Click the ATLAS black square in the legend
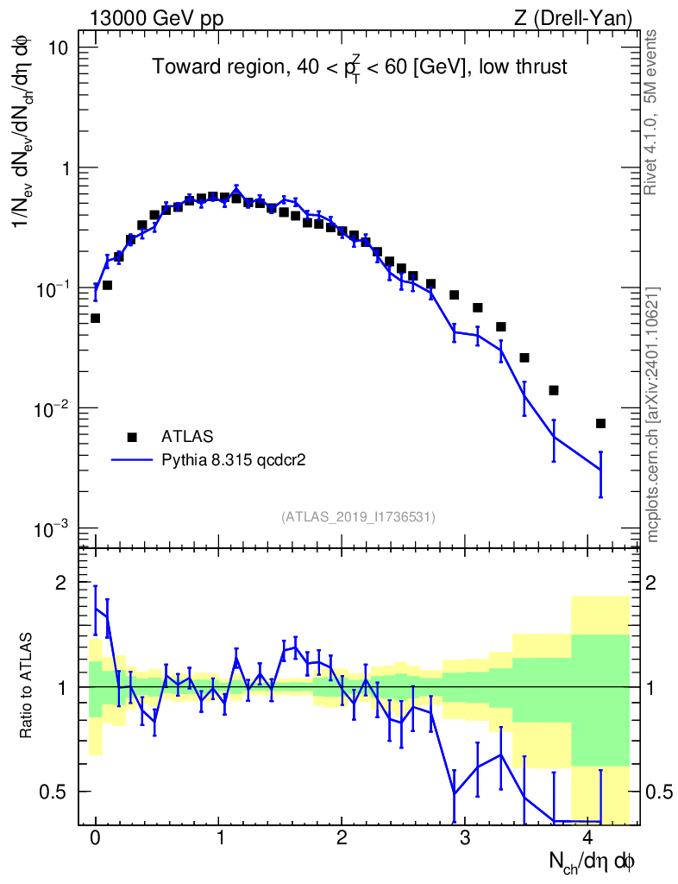[x=132, y=437]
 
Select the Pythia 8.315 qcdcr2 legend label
[x=233, y=460]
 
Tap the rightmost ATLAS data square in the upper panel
[x=600, y=423]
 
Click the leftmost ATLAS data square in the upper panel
[x=95, y=319]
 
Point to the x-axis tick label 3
[x=465, y=837]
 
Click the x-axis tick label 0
[x=95, y=837]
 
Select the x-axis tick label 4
[x=588, y=837]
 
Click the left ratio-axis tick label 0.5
[x=53, y=792]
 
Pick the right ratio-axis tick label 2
[x=651, y=583]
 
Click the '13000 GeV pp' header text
[x=156, y=19]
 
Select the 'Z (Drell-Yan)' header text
[x=573, y=19]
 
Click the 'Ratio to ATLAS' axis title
[x=26, y=685]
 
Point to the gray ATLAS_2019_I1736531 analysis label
[x=358, y=516]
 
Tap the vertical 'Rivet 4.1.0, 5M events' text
[x=650, y=113]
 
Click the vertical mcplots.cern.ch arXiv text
[x=653, y=415]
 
